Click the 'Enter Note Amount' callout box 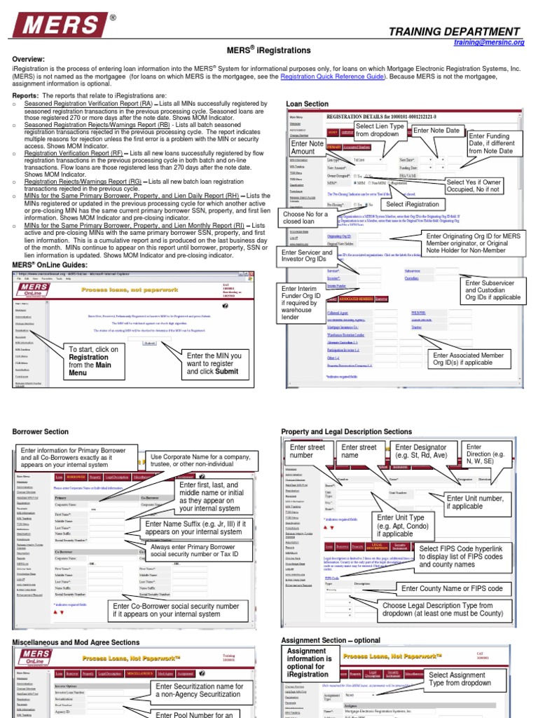point(307,147)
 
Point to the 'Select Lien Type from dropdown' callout point(380,130)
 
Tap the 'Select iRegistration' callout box point(413,204)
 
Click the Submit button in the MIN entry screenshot point(149,343)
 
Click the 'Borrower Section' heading point(41,432)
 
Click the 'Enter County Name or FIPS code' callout point(452,588)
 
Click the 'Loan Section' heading point(307,104)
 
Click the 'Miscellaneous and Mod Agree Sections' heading point(76,642)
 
